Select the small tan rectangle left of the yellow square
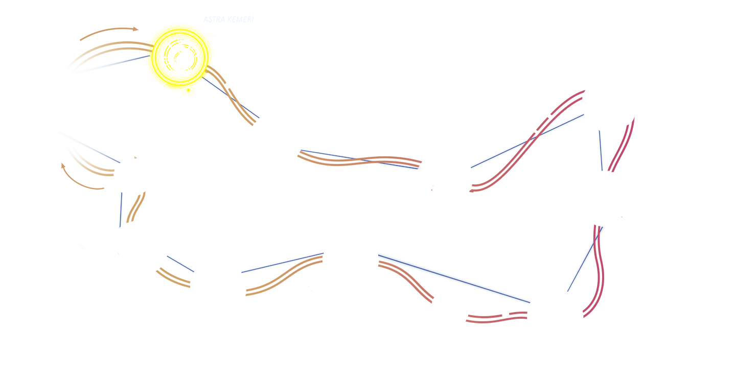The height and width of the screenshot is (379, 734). [x=109, y=33]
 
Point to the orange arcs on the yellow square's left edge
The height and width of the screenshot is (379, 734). [x=149, y=49]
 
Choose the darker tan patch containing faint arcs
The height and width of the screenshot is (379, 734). [x=82, y=176]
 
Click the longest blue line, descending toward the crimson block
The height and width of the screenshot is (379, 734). [x=454, y=277]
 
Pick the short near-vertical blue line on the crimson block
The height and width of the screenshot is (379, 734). [x=601, y=151]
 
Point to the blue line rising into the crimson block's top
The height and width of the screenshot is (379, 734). [x=526, y=140]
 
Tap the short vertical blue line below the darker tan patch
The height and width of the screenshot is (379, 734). [x=121, y=209]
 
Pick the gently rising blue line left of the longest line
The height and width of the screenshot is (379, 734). [x=282, y=263]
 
